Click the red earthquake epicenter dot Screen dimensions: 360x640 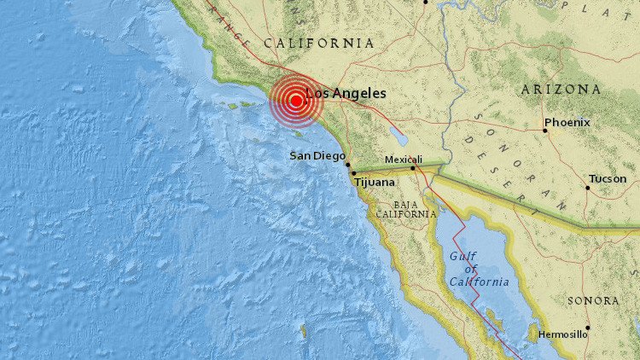tap(295, 101)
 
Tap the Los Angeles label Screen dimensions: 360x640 tap(346, 93)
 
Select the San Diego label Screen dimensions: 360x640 tap(317, 155)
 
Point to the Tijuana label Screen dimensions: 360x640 tap(375, 182)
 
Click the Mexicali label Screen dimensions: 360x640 tap(404, 159)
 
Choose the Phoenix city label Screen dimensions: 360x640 tap(568, 122)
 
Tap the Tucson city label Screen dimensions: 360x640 tap(608, 179)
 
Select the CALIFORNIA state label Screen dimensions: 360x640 tap(318, 43)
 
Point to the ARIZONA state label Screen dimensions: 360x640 tap(560, 89)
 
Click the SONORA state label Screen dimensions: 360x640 tap(591, 300)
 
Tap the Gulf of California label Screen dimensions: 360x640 tap(480, 269)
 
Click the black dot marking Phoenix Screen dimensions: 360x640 tap(545, 131)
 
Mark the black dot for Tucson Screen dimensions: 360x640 tap(588, 188)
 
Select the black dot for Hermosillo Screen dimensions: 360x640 tap(588, 328)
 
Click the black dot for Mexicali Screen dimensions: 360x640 tap(412, 168)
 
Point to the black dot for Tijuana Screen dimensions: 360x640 tap(353, 173)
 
